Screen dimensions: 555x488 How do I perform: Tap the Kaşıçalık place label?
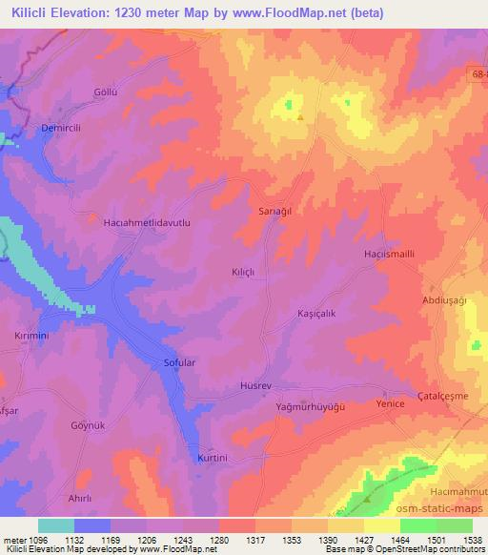coord(315,313)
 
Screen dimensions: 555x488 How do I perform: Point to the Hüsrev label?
coord(255,386)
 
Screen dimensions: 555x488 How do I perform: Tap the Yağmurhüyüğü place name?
coord(308,406)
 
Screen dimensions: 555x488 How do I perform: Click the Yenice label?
coord(392,404)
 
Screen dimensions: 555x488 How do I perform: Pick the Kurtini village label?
coord(214,458)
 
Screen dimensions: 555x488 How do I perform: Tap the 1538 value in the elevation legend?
coord(472,539)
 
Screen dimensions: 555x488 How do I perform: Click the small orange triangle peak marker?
coord(301,118)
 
